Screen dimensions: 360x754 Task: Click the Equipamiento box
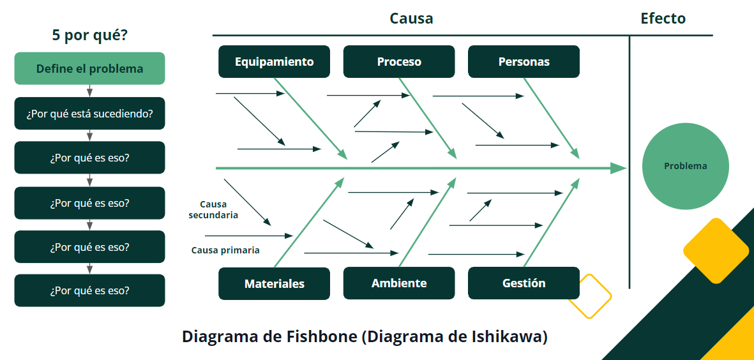tap(274, 62)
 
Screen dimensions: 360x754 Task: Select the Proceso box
tap(399, 62)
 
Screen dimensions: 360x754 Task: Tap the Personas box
tap(524, 62)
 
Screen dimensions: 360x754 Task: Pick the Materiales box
tap(274, 283)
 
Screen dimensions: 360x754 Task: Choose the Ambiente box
tap(399, 283)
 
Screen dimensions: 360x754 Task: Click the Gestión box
tap(524, 283)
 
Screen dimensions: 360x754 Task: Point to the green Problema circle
tap(685, 166)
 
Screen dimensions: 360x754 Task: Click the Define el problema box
tap(89, 68)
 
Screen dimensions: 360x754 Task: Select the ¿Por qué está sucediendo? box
tap(89, 114)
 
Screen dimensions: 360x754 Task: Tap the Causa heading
tap(411, 19)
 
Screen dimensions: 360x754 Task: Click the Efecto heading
tap(663, 19)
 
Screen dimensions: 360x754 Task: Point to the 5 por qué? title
tap(89, 35)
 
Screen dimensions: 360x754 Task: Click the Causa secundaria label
tap(213, 210)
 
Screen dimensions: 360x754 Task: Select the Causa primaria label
tap(225, 250)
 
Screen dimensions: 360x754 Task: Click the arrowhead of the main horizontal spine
tap(618, 168)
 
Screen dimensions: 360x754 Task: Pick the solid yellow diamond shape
tap(716, 251)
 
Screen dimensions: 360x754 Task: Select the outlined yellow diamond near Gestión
tap(589, 296)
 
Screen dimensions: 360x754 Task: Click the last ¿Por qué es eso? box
tap(89, 290)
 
